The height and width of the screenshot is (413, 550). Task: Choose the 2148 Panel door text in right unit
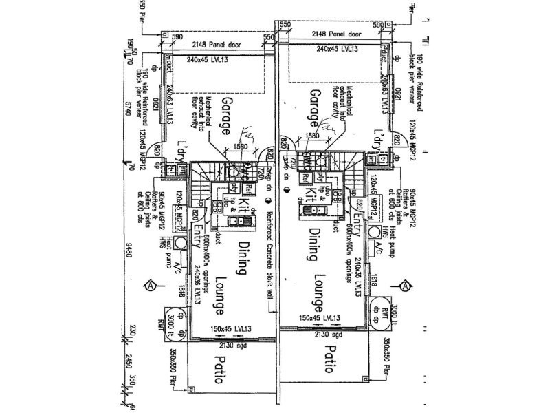tap(336, 33)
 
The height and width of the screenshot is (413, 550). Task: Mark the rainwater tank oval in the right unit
tap(381, 312)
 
